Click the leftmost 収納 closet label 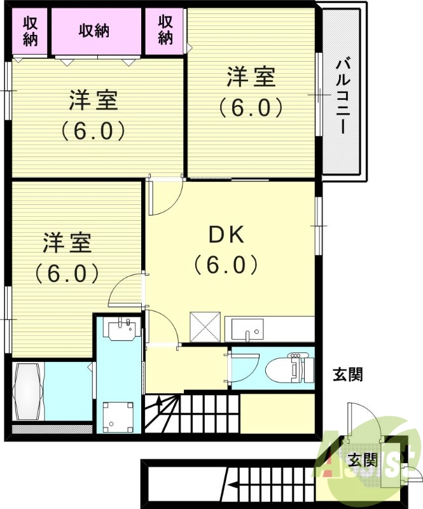30,30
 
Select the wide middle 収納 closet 94,30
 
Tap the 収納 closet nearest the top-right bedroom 165,30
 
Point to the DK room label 227,235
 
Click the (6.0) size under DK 227,264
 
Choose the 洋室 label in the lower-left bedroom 67,243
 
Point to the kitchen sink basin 245,330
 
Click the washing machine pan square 118,414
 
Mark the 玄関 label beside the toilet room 348,375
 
